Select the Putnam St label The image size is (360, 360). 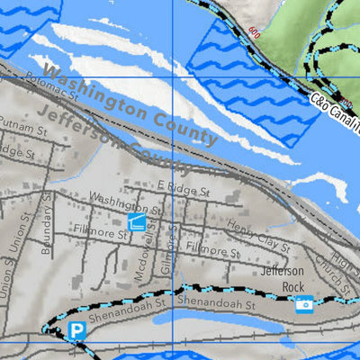click(22, 131)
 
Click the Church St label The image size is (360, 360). click(331, 270)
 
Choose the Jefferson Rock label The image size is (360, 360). click(283, 279)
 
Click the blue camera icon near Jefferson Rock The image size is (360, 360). click(304, 305)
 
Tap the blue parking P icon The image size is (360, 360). click(77, 332)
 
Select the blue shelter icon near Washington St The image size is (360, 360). click(138, 221)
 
